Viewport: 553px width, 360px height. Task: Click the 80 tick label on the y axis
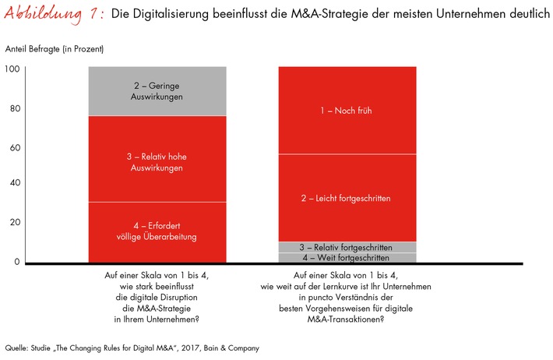pos(13,109)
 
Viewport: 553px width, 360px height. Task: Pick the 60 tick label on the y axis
pos(13,146)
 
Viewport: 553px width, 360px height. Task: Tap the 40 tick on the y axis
pos(13,184)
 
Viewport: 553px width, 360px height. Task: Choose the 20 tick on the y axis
pos(13,223)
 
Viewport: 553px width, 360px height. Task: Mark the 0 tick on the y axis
pos(16,261)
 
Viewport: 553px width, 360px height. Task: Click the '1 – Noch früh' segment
pos(347,110)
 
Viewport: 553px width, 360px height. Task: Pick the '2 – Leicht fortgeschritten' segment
pos(347,198)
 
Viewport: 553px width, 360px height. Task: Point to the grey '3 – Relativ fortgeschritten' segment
pos(347,247)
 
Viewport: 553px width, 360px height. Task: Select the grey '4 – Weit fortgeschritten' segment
pos(347,258)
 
